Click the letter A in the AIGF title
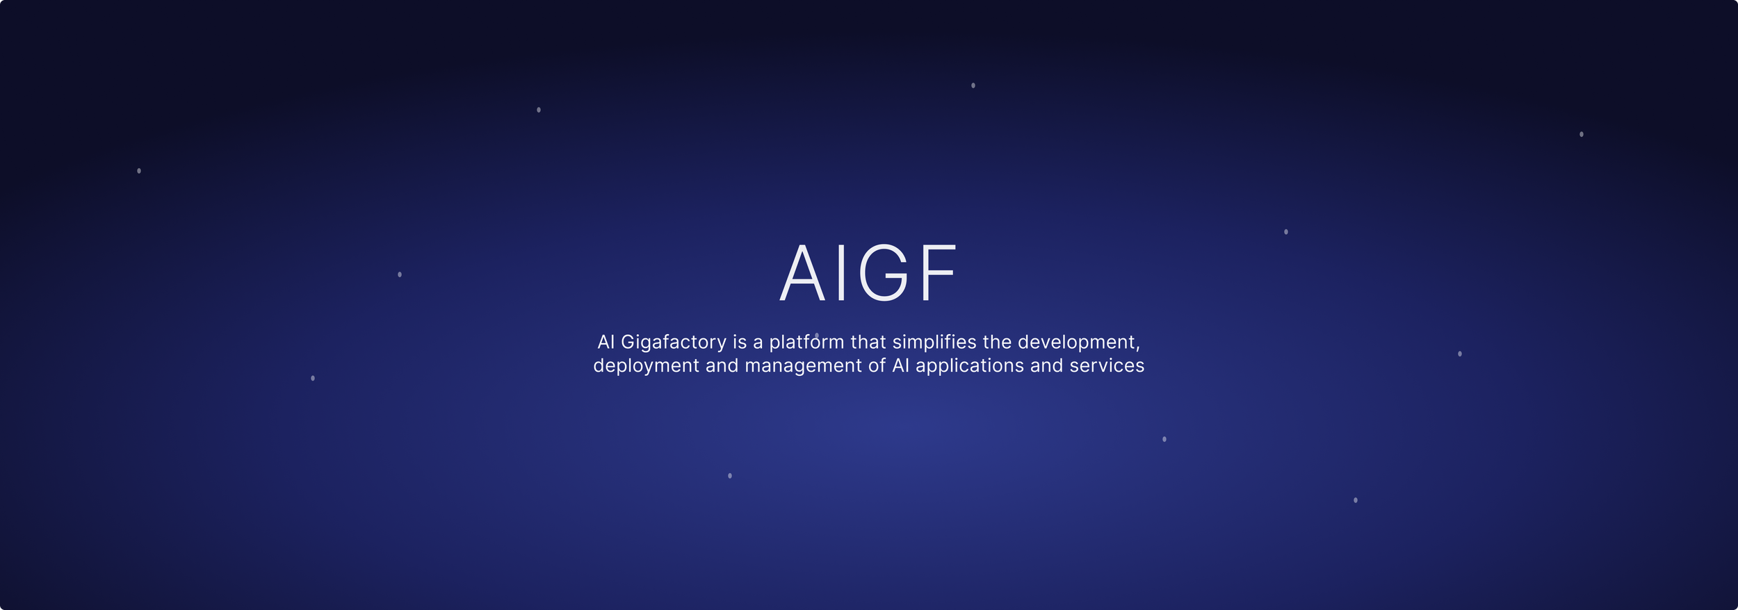802,272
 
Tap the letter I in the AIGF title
842,272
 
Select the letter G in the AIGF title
884,272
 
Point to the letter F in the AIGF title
939,272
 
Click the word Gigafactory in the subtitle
673,343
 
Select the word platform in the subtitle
806,343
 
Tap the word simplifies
934,343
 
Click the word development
1076,343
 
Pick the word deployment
646,366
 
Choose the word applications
970,366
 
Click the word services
1107,365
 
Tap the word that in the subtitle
868,342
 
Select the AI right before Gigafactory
606,342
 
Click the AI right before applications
900,365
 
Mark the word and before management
722,365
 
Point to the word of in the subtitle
877,365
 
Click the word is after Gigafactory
740,342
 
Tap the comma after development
1138,349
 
